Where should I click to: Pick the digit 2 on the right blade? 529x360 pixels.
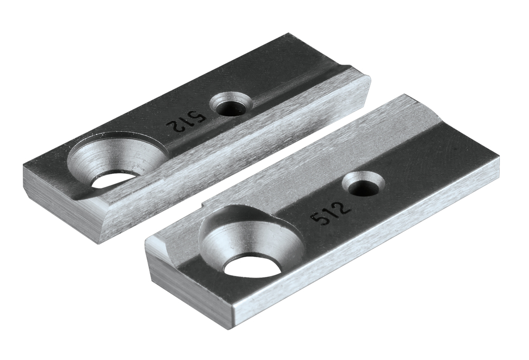click(x=343, y=206)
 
